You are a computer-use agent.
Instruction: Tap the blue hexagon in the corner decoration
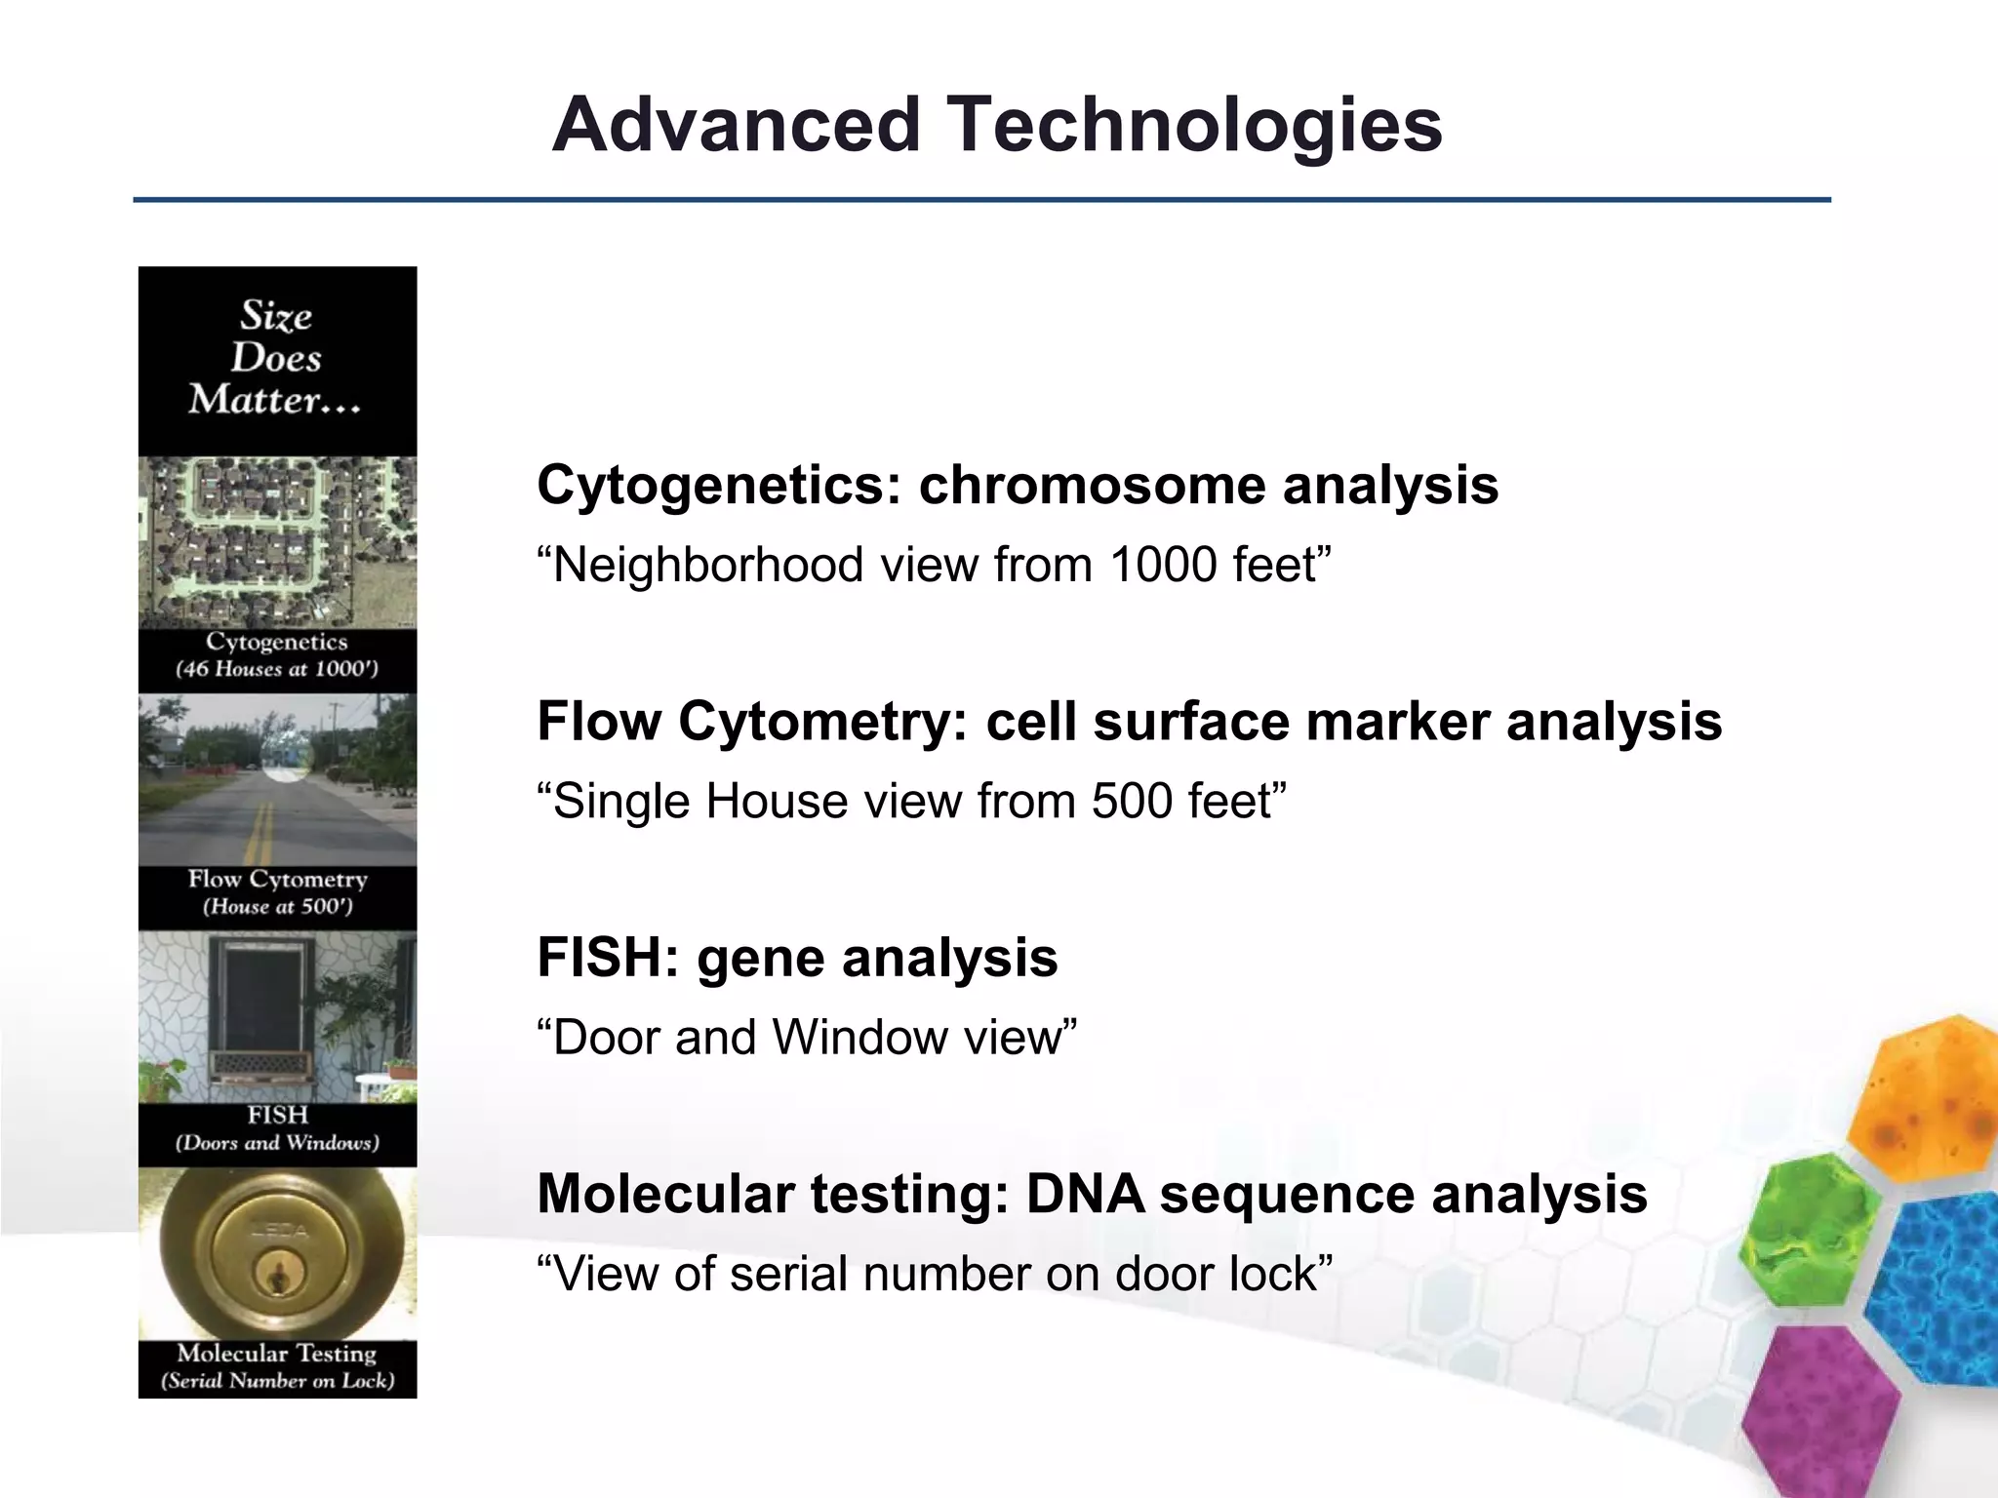[x=1941, y=1287]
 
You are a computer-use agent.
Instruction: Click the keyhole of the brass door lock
[x=278, y=1275]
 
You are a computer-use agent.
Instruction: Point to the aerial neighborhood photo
[x=277, y=542]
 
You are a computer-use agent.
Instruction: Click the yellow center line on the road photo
[x=260, y=830]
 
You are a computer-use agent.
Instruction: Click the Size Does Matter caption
[x=276, y=358]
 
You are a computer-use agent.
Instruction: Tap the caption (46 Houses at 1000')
[x=276, y=669]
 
